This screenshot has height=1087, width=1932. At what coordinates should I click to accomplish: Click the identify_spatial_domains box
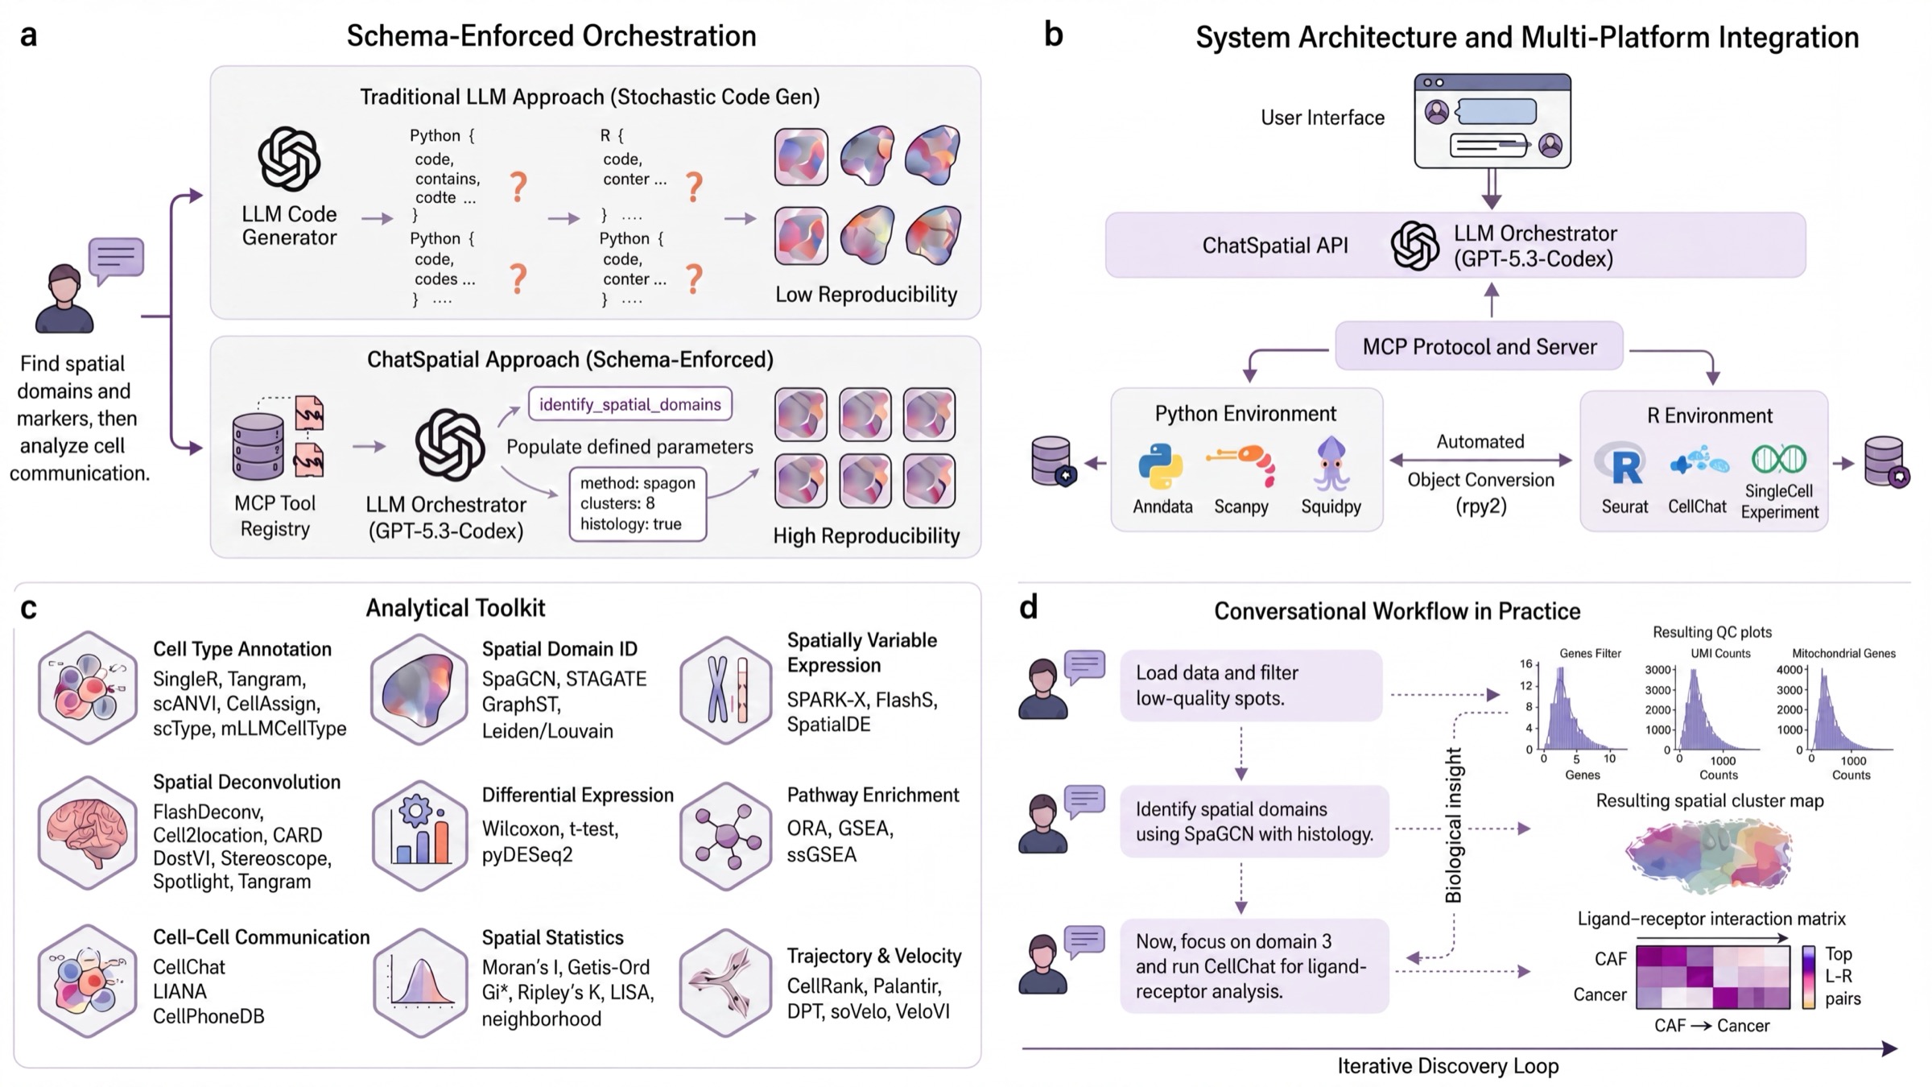[x=630, y=404]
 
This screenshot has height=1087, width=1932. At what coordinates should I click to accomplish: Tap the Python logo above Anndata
[x=1161, y=467]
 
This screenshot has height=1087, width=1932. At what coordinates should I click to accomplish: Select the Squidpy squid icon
[x=1330, y=463]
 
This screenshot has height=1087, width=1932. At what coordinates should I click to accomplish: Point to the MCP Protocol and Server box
[x=1479, y=346]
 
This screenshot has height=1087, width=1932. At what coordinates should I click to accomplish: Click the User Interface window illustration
[x=1492, y=121]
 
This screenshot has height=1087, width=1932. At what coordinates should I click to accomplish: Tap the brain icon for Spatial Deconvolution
[x=88, y=833]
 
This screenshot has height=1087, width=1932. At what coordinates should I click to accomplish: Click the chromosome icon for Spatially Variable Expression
[x=727, y=689]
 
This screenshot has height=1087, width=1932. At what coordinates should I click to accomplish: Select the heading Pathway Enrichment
[x=873, y=796]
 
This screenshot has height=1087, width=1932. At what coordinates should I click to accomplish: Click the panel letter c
[x=29, y=609]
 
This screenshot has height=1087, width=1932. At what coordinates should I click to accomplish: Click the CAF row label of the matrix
[x=1610, y=959]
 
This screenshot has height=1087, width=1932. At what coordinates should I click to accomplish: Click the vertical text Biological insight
[x=1453, y=825]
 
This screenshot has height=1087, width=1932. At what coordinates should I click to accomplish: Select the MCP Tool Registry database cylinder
[x=258, y=445]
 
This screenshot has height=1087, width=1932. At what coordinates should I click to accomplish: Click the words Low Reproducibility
[x=866, y=295]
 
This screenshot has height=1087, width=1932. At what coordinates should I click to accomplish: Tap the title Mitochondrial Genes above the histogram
[x=1843, y=653]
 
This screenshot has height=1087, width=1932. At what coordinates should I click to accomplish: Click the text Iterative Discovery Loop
[x=1448, y=1066]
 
